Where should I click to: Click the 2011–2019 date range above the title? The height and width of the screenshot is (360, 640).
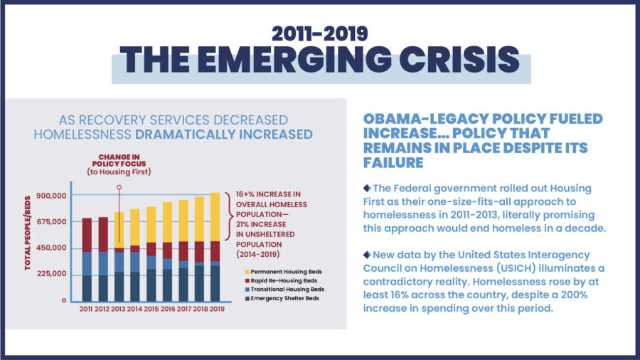point(320,33)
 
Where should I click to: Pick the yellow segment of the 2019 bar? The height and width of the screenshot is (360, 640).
point(215,217)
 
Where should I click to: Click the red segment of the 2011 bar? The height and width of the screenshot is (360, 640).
point(86,235)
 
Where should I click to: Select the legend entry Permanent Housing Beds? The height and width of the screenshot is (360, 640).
point(280,272)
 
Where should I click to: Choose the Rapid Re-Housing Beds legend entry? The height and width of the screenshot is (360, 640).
point(279,280)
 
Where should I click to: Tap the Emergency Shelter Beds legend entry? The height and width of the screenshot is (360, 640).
point(280,298)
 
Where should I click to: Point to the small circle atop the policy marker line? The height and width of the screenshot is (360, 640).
point(119,188)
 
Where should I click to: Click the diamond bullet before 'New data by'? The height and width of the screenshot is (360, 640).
point(367,254)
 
